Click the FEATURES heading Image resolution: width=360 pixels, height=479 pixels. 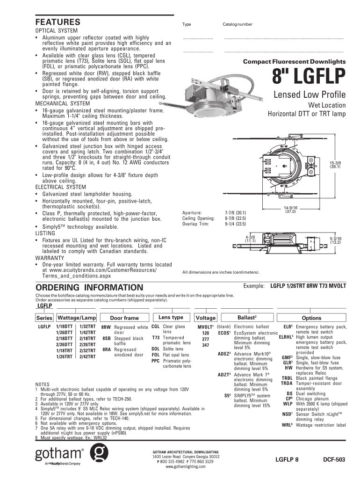(x=58, y=22)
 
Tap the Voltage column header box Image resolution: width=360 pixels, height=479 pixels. (x=206, y=318)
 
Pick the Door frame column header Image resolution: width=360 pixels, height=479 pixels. (x=124, y=318)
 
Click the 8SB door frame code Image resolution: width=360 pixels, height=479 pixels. (x=106, y=338)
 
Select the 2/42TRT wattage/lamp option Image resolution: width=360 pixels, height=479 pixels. (x=88, y=356)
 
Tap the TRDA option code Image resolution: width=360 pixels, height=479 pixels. (x=287, y=384)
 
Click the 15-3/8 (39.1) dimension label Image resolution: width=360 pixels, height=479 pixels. (x=335, y=164)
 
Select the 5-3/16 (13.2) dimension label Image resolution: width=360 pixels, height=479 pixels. (x=336, y=240)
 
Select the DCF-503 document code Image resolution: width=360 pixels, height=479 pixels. (x=334, y=460)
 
